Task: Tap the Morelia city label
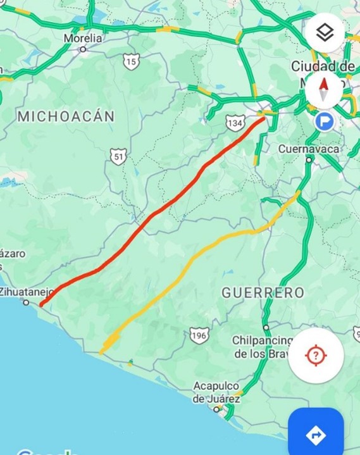[82, 38]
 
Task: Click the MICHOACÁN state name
[66, 116]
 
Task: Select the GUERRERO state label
[263, 292]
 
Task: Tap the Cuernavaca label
[308, 149]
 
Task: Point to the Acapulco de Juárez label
[216, 392]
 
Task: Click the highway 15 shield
[131, 61]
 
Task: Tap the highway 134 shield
[235, 123]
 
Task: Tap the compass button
[325, 89]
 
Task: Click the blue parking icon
[325, 121]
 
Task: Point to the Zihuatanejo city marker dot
[26, 302]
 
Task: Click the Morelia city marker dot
[83, 49]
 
